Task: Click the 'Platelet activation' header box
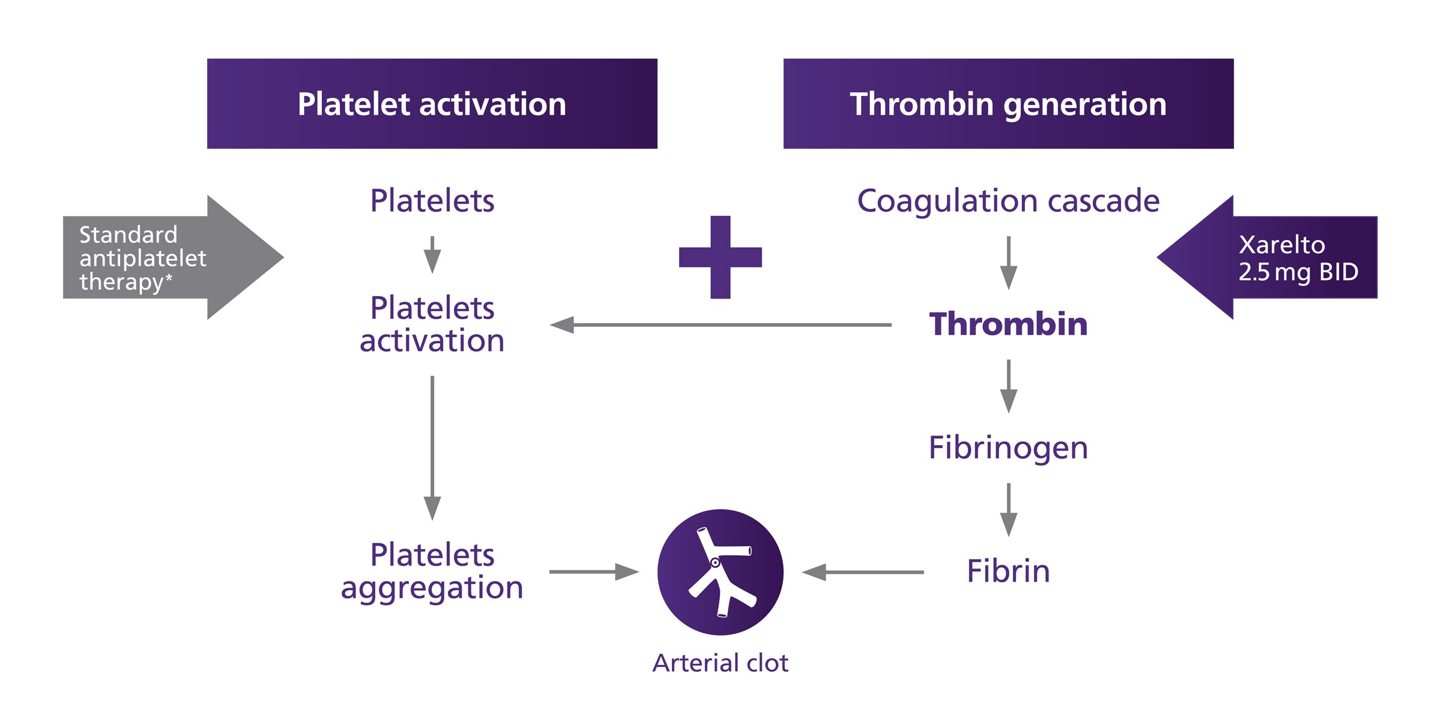[x=432, y=103]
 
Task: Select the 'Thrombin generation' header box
[x=1008, y=103]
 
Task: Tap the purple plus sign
[x=720, y=257]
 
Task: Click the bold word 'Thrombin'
[x=1008, y=324]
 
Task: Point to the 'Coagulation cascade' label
[x=1008, y=201]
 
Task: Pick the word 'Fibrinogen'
[x=1008, y=448]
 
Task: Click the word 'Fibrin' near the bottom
[x=1008, y=571]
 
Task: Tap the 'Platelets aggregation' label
[x=432, y=571]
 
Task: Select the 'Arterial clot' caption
[x=720, y=663]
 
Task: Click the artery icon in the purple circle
[x=720, y=572]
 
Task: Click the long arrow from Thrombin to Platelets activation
[x=720, y=325]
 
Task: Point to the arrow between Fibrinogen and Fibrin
[x=1009, y=510]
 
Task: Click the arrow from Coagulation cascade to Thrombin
[x=1009, y=263]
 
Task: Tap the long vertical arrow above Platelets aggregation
[x=432, y=448]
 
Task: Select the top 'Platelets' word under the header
[x=432, y=201]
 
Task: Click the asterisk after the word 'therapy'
[x=169, y=278]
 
